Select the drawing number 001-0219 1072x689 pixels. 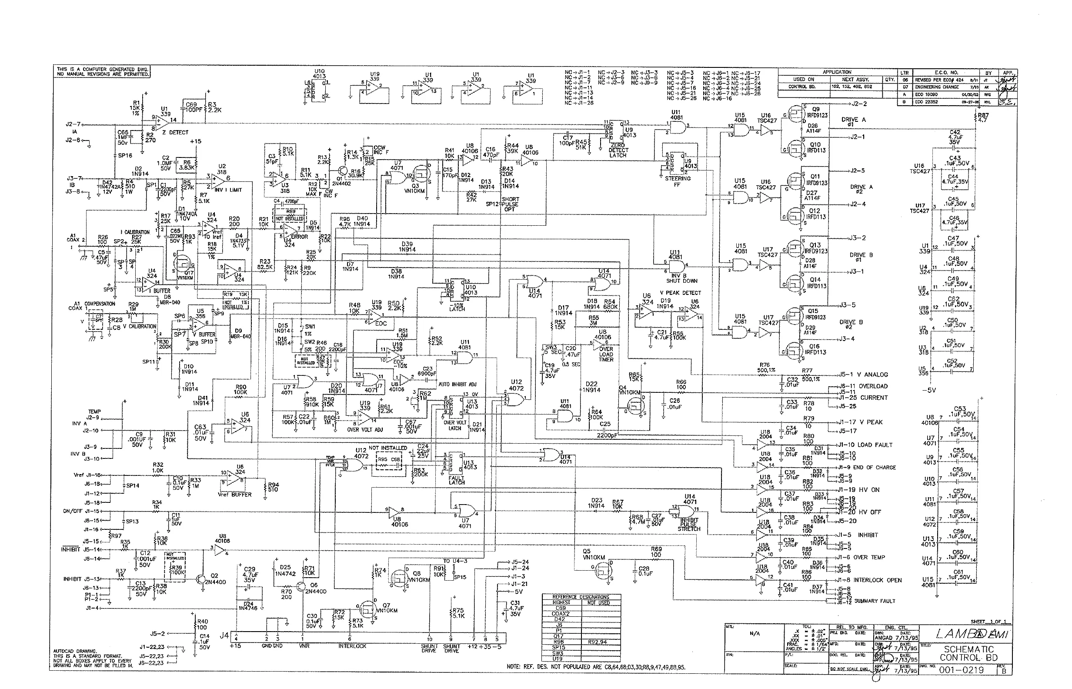click(962, 670)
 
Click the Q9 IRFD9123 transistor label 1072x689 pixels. click(817, 112)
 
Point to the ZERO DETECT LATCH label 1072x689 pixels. click(618, 151)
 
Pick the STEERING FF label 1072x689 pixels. click(678, 181)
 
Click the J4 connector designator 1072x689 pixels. click(224, 635)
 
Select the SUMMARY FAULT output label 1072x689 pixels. click(875, 601)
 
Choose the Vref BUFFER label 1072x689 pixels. click(234, 495)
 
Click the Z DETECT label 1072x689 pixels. click(175, 132)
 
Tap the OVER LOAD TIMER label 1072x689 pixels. click(606, 354)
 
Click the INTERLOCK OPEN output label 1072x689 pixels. click(878, 580)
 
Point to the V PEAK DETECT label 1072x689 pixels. click(680, 293)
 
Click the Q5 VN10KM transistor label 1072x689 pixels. click(593, 554)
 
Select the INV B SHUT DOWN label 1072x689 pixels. click(681, 278)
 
